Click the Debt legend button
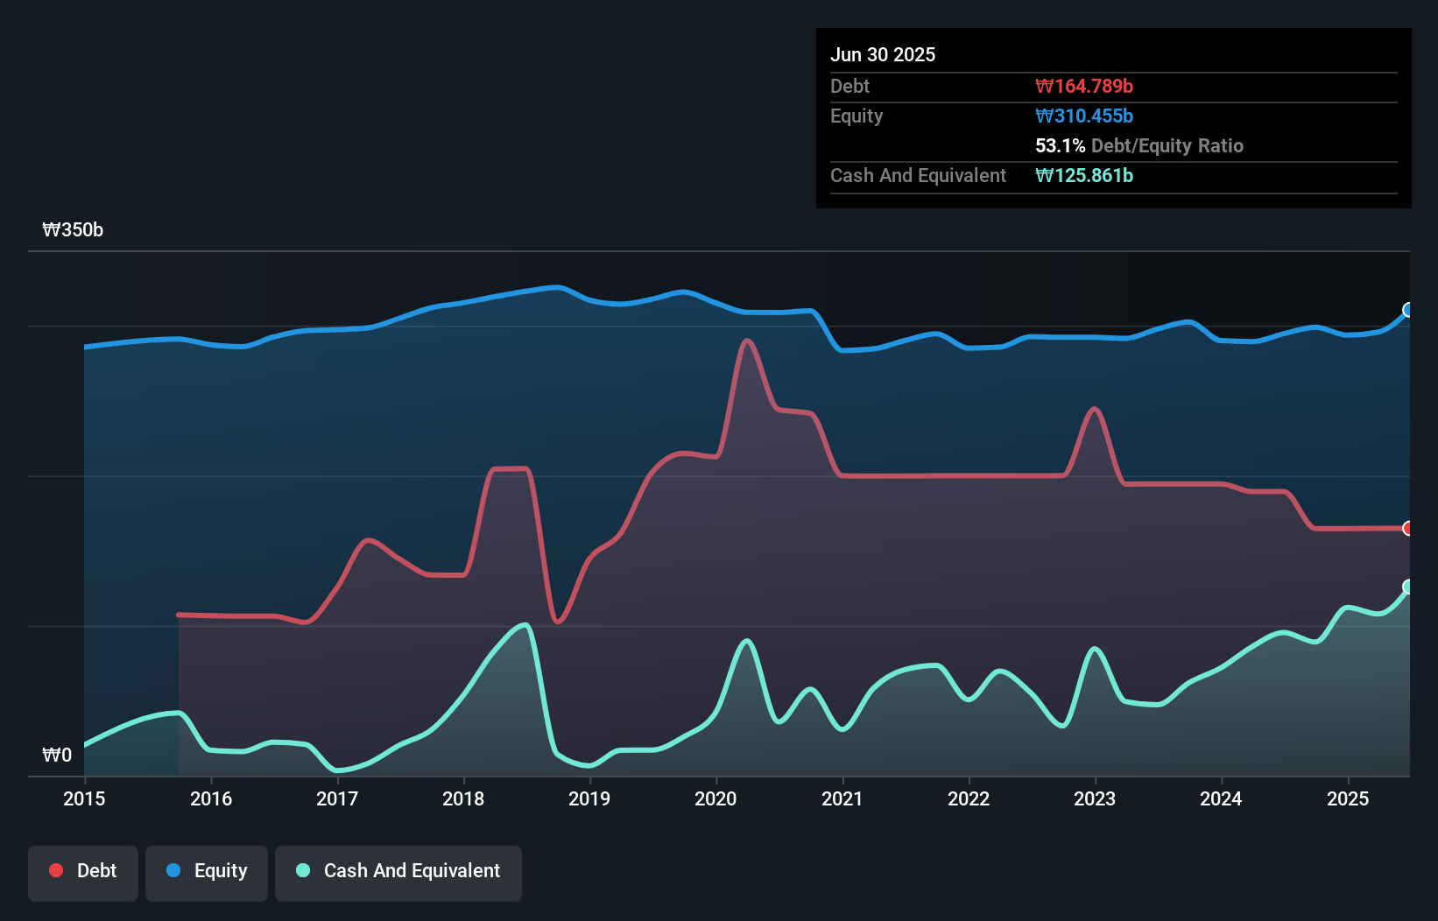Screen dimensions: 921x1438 tap(83, 871)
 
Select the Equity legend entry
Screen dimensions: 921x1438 tap(207, 871)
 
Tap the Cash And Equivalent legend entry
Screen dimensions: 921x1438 tap(398, 871)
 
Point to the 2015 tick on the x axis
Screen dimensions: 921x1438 tap(84, 798)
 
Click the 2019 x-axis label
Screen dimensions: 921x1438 tap(589, 798)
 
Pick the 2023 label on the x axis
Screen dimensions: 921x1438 tap(1095, 798)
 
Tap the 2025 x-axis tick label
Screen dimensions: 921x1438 tap(1348, 798)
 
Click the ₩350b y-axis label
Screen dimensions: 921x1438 tap(73, 230)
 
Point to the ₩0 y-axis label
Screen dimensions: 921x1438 tap(57, 755)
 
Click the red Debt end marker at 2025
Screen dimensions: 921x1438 tap(1408, 528)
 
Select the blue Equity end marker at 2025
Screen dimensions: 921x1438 tap(1408, 310)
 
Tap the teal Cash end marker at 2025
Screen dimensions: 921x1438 tap(1408, 587)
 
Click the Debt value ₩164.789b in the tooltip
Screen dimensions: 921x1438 tap(1084, 87)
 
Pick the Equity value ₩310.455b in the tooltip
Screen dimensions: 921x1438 tap(1084, 116)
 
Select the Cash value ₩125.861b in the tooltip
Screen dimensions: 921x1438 tap(1084, 176)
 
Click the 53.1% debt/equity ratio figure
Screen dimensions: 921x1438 tap(1060, 146)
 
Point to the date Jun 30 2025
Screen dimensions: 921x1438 tap(883, 55)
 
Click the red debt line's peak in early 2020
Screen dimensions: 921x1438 tap(747, 341)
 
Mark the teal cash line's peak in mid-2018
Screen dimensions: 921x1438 tap(525, 625)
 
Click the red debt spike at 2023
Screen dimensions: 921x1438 tap(1095, 409)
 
